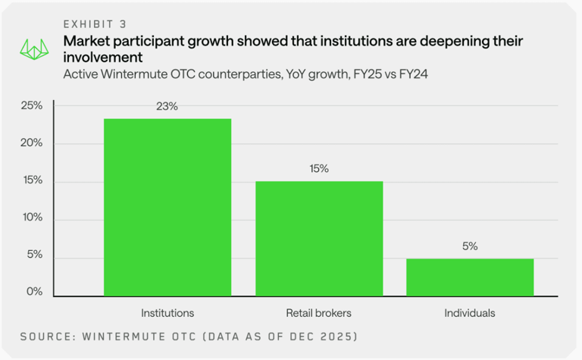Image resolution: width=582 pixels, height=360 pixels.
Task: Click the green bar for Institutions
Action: [x=167, y=207]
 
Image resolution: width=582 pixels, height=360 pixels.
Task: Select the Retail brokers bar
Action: [x=319, y=238]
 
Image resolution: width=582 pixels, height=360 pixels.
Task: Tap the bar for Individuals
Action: [x=470, y=277]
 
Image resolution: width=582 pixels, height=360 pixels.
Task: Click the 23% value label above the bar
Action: [x=167, y=107]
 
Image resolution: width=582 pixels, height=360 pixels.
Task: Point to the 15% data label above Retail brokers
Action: [x=319, y=169]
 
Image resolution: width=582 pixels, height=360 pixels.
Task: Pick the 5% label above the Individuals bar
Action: [x=470, y=246]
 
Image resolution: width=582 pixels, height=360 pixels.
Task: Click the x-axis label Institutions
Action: [x=167, y=312]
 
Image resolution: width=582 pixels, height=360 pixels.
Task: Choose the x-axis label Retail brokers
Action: [x=319, y=312]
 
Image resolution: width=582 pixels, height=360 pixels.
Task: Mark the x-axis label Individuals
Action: [x=470, y=312]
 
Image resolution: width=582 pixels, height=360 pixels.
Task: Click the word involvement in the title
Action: [x=103, y=58]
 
